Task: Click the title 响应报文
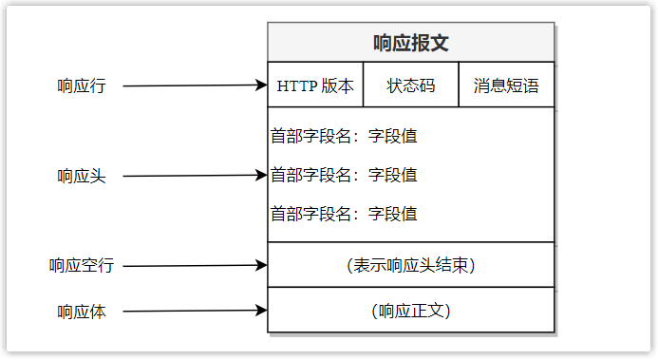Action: click(410, 43)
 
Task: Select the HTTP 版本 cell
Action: click(315, 85)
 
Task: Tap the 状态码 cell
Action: click(410, 85)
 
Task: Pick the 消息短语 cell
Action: click(506, 85)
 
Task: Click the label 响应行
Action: click(82, 85)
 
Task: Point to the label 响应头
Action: click(82, 176)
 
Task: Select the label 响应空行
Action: click(82, 266)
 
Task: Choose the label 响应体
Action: click(82, 311)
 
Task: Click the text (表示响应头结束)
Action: click(410, 265)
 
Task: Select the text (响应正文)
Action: click(410, 311)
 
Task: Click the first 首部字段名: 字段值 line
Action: click(344, 136)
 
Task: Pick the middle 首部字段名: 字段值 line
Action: click(344, 175)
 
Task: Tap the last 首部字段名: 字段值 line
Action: click(344, 213)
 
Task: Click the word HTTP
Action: click(294, 85)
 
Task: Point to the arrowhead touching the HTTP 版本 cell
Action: click(263, 85)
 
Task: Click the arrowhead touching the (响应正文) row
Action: click(263, 310)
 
